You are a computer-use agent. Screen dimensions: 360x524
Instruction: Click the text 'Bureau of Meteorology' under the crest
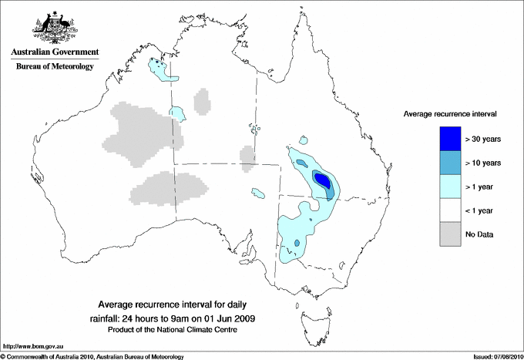click(x=55, y=67)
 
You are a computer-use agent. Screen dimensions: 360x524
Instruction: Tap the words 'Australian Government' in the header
click(x=55, y=52)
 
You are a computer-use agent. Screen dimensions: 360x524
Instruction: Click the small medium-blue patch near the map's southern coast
click(x=297, y=244)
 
